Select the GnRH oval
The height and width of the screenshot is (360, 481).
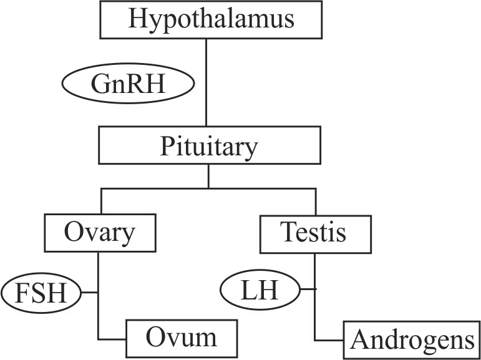pos(128,84)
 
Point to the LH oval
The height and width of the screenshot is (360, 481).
pos(260,290)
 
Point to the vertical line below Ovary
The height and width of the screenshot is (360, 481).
pos(99,293)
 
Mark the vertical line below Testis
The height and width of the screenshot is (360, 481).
pos(315,293)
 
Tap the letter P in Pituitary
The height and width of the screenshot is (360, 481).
pos(167,147)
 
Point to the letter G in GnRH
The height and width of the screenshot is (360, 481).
pos(99,84)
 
